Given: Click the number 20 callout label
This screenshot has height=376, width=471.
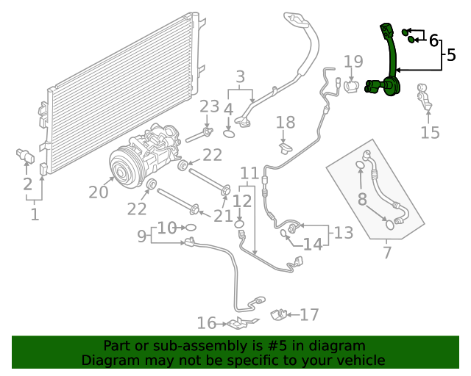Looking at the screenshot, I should pos(99,192).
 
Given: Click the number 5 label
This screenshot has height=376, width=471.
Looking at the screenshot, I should pos(450,55).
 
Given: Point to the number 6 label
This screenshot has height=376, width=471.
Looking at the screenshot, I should pos(433,40).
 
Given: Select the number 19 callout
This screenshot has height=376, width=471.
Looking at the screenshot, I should pos(353,62).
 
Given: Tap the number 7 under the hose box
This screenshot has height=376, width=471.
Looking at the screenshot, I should pos(387,253).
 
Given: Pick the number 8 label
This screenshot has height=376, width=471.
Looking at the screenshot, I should pos(362,199).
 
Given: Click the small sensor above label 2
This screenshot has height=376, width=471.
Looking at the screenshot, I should pos(26,156).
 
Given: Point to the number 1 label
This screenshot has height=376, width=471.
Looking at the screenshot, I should pos(34,214).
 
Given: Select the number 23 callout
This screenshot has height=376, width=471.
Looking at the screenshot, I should pos(210,107).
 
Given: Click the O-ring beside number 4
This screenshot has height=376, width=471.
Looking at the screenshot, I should pos(230,134).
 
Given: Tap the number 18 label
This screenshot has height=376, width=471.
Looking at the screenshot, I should pos(285,123).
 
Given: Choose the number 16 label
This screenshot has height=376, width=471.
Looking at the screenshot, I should pos(207,323).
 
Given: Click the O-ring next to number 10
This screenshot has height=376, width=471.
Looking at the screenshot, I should pos(190,228).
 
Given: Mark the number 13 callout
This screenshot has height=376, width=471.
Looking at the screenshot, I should pos(344,233).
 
